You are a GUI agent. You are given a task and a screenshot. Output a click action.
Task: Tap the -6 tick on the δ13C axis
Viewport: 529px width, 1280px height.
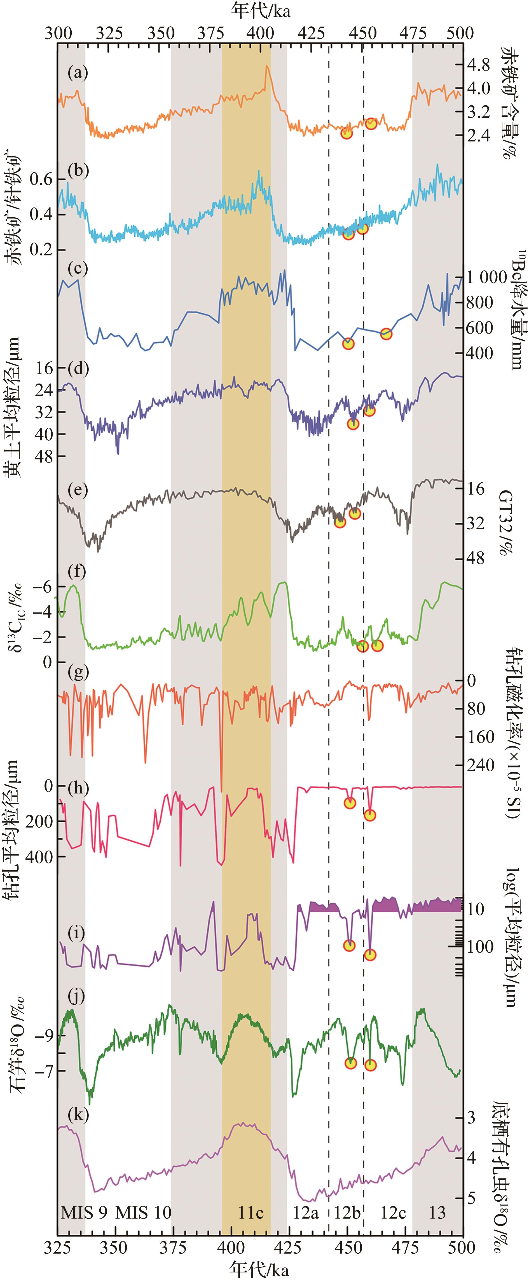click(41, 586)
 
